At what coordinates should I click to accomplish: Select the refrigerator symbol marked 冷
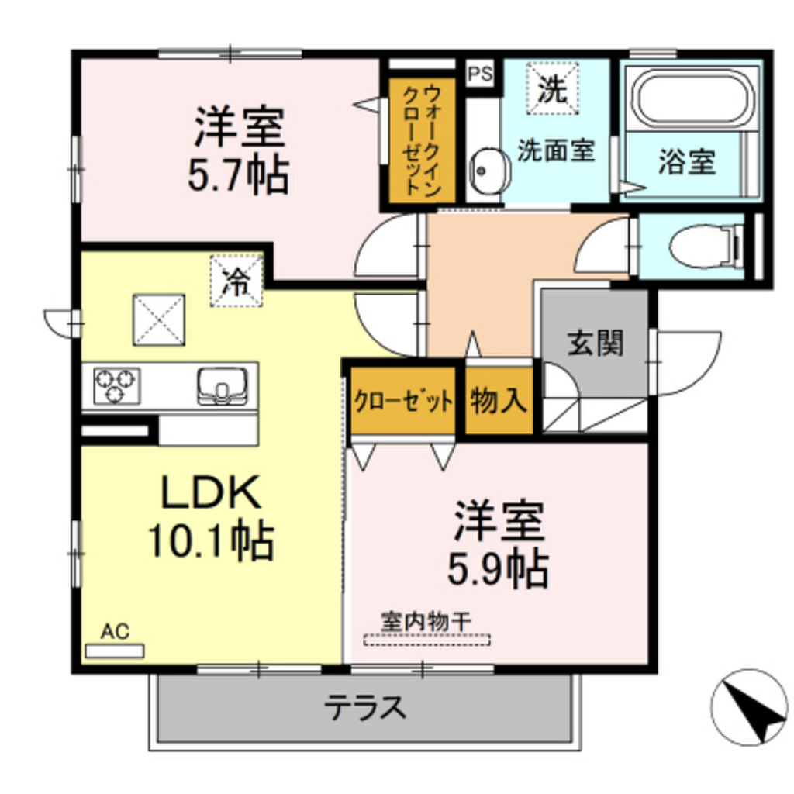coord(236,281)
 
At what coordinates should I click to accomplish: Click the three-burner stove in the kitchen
coord(116,385)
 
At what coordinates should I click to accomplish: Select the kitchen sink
coord(223,385)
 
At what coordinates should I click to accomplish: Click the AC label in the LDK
coord(115,632)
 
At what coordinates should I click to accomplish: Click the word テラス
coord(365,707)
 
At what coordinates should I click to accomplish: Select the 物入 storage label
coord(499,401)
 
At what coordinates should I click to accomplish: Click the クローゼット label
coord(403,402)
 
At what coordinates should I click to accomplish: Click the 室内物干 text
coord(427,621)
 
